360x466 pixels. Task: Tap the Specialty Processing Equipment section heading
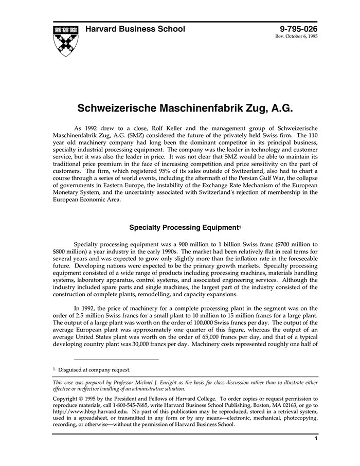[184, 226]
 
